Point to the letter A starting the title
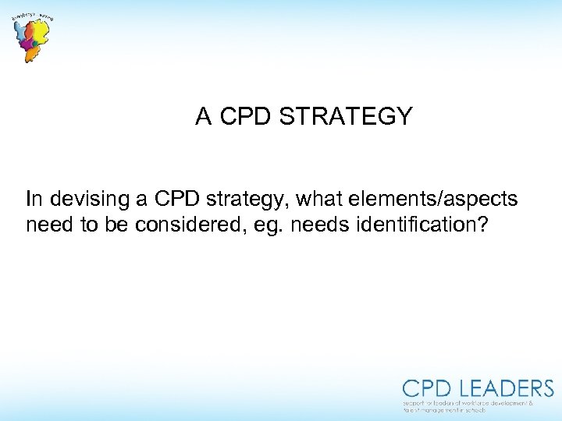point(204,117)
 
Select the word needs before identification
point(293,225)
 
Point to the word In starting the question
point(34,200)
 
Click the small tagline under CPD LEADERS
point(468,405)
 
